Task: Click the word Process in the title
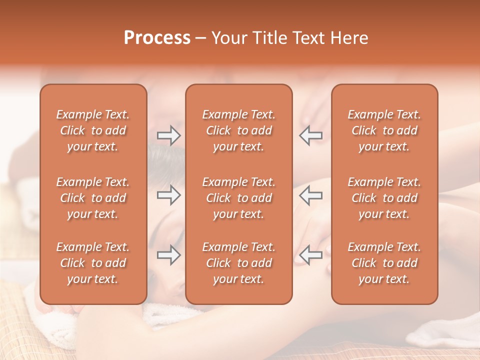[157, 38]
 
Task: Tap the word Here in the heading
[350, 38]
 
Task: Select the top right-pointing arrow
[168, 135]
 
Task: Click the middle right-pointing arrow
[168, 195]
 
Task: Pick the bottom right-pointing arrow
[168, 255]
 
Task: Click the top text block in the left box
[93, 130]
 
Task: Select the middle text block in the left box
[93, 198]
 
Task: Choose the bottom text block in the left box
[93, 263]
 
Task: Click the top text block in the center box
[238, 130]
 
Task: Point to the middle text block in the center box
[238, 198]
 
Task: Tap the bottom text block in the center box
[238, 263]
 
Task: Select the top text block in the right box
[384, 130]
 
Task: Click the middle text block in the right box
[384, 198]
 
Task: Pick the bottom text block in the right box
[384, 263]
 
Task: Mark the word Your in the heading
[228, 38]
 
